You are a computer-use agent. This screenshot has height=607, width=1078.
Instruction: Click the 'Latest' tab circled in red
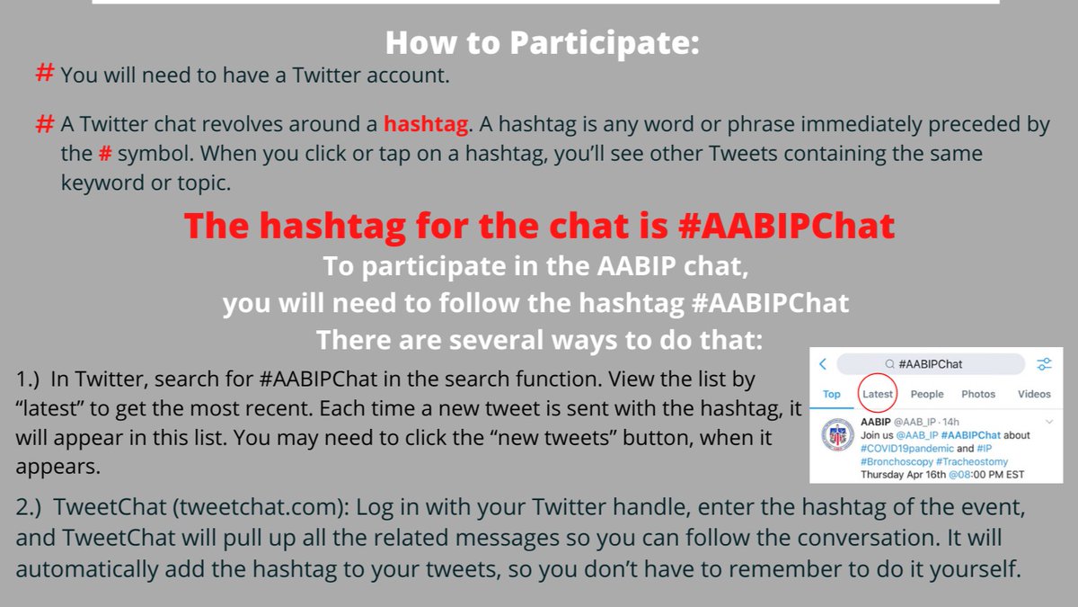[x=878, y=394]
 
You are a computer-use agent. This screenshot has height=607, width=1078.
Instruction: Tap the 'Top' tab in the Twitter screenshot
[x=832, y=394]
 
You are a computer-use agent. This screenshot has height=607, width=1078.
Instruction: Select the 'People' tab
[x=927, y=394]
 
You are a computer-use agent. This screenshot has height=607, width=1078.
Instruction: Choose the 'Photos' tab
[x=978, y=394]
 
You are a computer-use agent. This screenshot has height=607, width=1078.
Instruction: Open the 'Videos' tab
[x=1034, y=394]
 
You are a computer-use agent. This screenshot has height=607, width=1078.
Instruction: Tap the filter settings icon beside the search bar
[x=1044, y=364]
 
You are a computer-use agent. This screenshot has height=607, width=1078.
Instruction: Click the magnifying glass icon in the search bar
[x=889, y=364]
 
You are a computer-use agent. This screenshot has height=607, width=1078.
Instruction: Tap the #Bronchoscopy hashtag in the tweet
[x=899, y=461]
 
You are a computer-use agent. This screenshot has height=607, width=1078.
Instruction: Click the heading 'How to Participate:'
[x=542, y=42]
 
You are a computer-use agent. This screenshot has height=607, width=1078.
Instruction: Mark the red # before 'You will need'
[x=44, y=75]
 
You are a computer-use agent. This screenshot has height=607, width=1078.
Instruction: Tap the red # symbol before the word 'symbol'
[x=105, y=154]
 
